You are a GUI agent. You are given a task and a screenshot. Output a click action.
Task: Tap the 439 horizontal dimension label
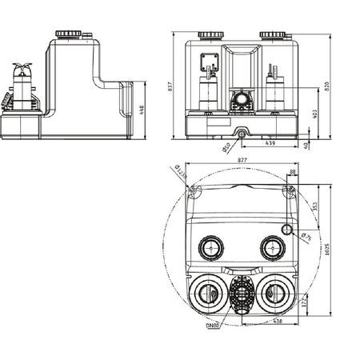tap(270, 144)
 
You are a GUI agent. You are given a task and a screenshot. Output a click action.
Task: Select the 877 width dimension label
tap(242, 160)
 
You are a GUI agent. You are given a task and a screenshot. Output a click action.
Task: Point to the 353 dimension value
tap(314, 206)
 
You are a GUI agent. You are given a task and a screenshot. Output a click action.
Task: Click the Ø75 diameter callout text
tap(306, 236)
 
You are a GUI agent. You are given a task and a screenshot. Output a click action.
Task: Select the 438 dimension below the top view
tap(276, 322)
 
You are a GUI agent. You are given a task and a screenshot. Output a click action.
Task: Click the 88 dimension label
tap(292, 171)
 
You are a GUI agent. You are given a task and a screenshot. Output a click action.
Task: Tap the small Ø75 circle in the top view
tap(289, 230)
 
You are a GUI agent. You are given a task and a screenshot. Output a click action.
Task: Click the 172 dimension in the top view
tap(314, 305)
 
